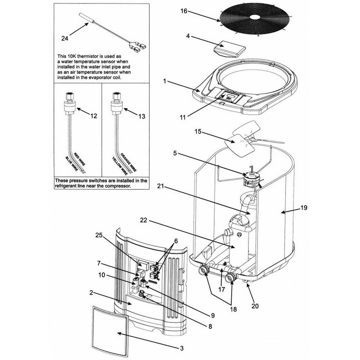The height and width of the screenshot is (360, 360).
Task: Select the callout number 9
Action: [x=212, y=316]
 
